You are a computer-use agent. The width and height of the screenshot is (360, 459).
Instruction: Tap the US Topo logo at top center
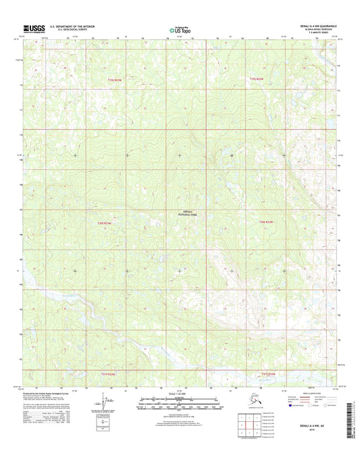click(x=179, y=29)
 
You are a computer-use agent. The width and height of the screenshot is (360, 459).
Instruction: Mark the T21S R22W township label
click(x=118, y=372)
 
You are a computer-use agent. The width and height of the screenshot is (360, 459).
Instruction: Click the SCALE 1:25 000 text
click(x=180, y=393)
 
